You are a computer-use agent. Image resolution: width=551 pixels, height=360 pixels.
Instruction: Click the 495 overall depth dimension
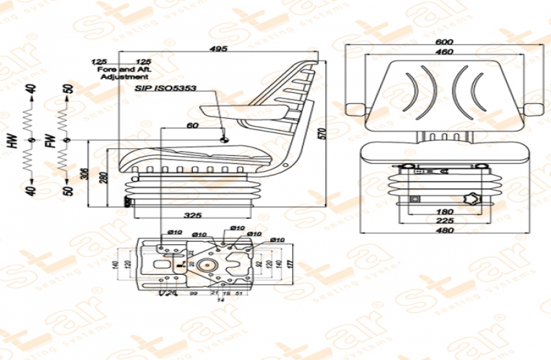tap(219, 49)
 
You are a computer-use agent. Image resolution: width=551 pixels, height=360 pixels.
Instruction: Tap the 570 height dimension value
tap(320, 133)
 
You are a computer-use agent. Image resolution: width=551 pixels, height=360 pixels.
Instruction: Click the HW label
tap(13, 142)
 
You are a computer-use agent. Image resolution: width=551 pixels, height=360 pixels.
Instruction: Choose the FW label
tap(50, 142)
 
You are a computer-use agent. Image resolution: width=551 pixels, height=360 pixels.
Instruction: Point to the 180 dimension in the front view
tap(445, 211)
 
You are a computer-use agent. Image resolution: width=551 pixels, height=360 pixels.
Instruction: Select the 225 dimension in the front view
tap(445, 221)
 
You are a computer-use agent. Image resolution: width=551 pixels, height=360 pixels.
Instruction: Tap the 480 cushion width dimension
tap(446, 231)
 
